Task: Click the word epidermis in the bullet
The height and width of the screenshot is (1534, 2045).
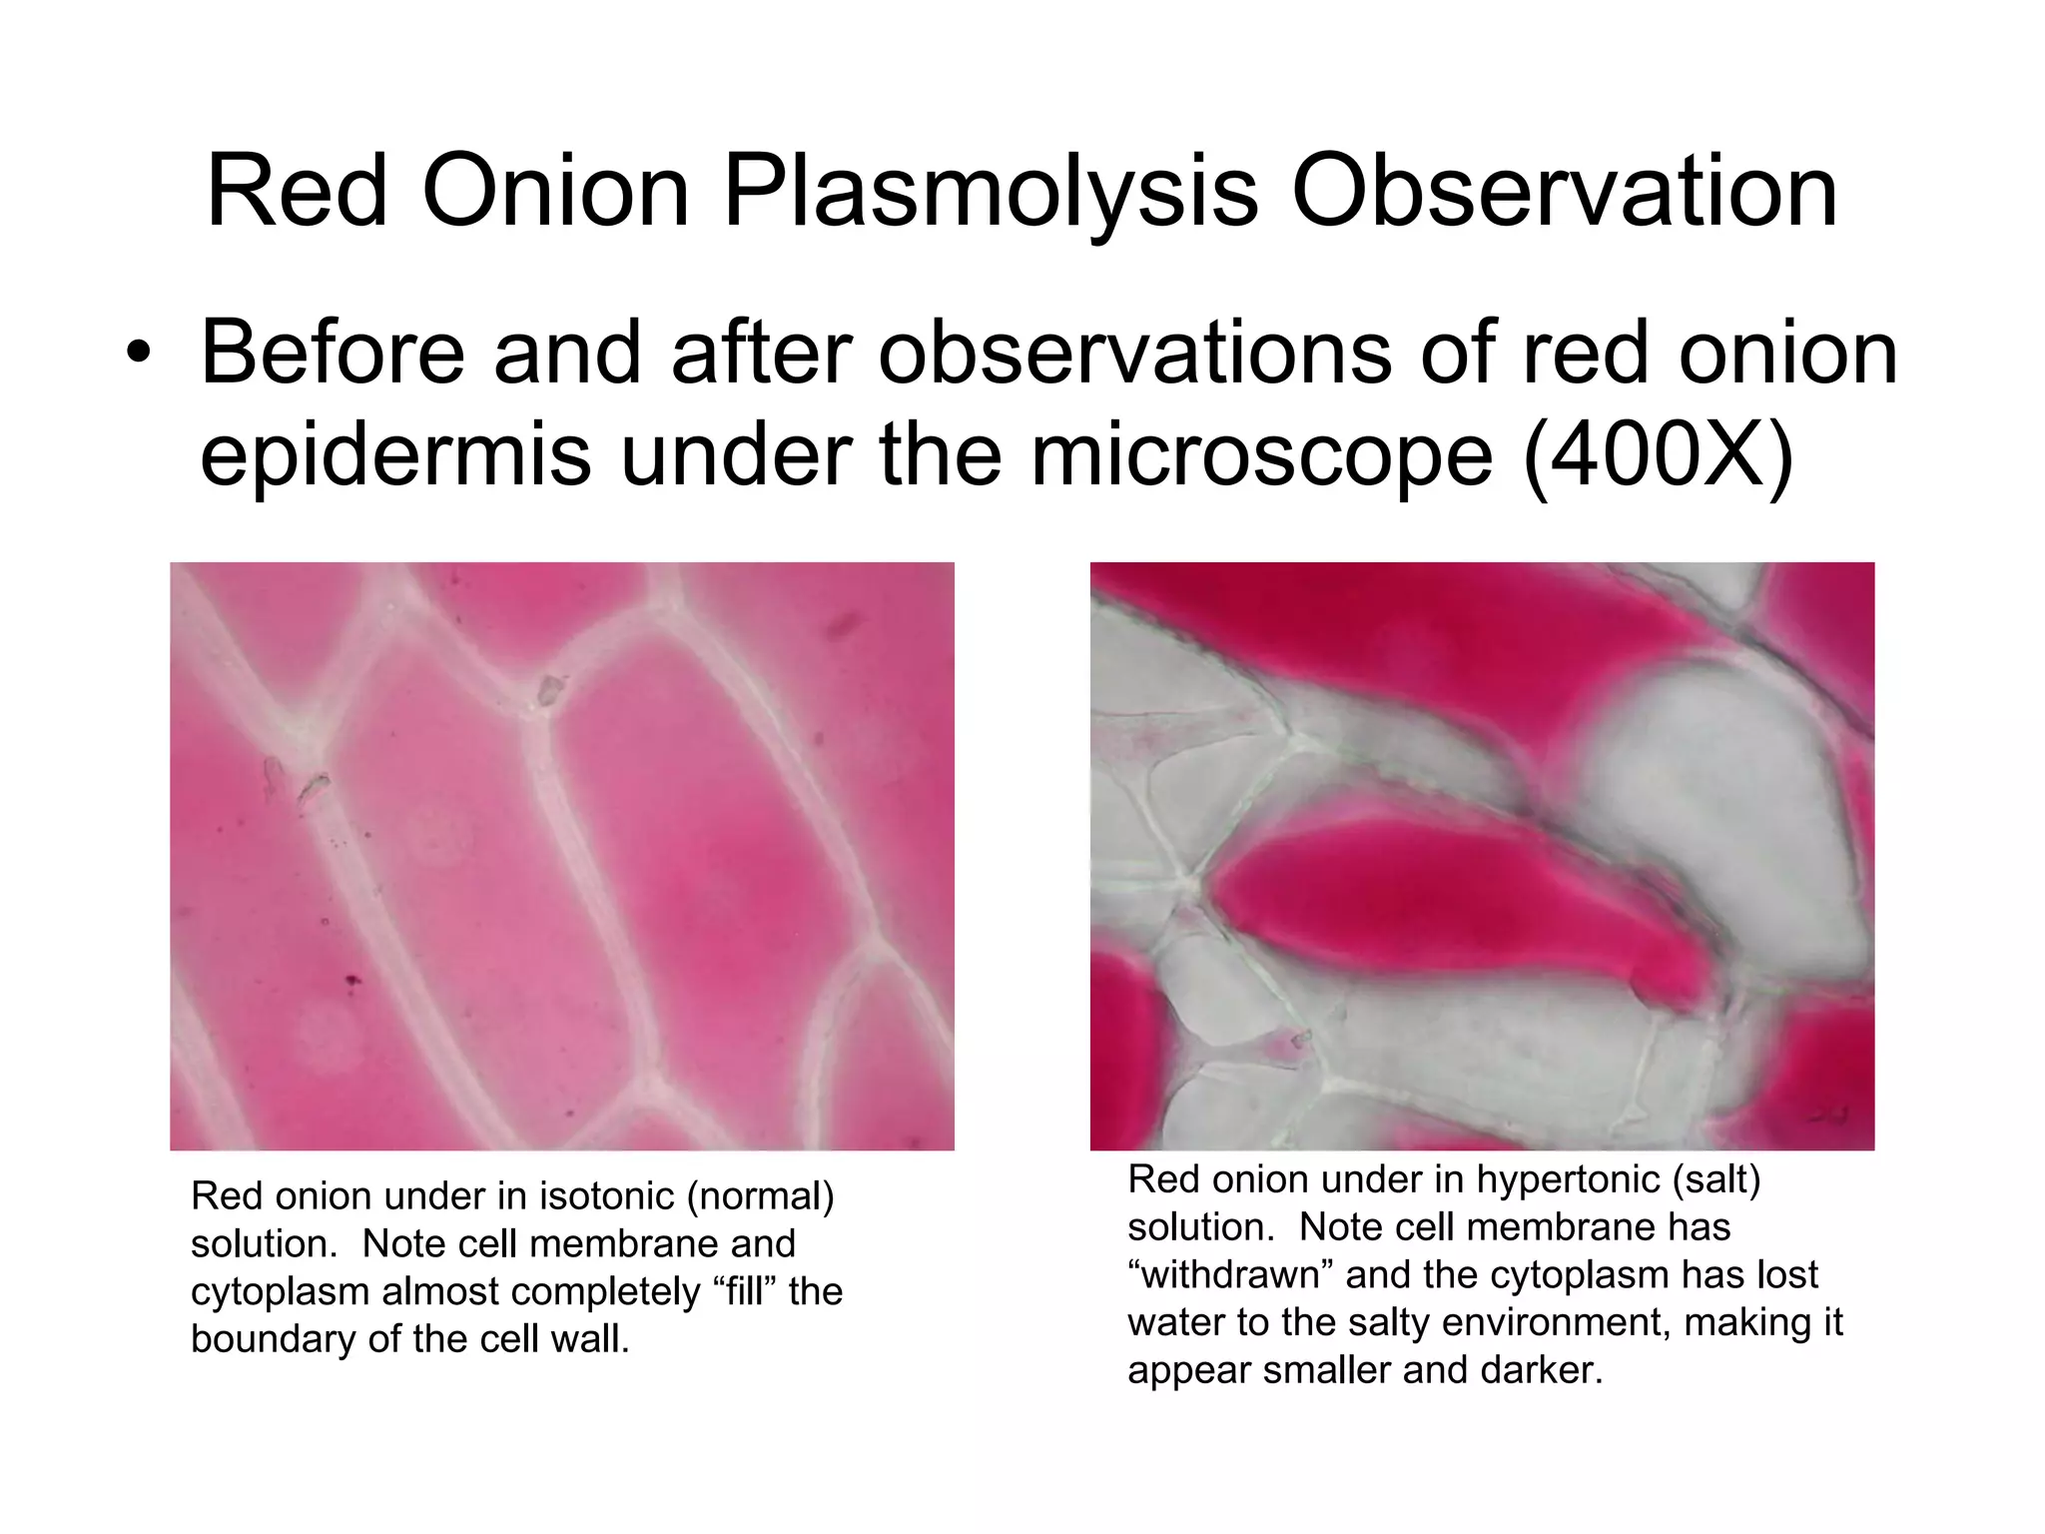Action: pos(394,457)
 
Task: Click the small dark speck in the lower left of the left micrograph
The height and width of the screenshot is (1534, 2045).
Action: pos(351,983)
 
